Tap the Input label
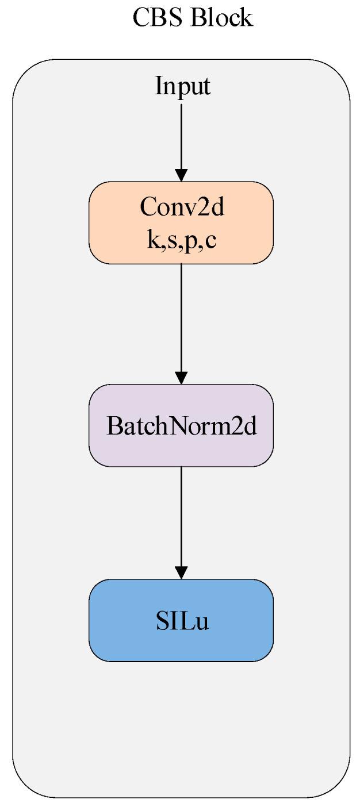click(182, 86)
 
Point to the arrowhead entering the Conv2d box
click(181, 175)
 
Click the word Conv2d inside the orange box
click(182, 207)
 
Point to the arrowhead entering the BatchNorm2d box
click(181, 378)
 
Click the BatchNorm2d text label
click(181, 426)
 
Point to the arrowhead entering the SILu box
click(181, 572)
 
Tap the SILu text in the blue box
click(182, 621)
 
